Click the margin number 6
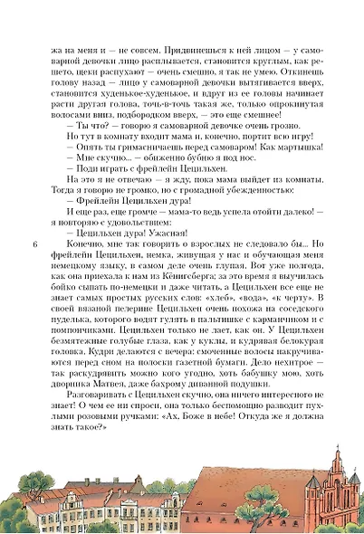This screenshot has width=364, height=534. coord(34,243)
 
